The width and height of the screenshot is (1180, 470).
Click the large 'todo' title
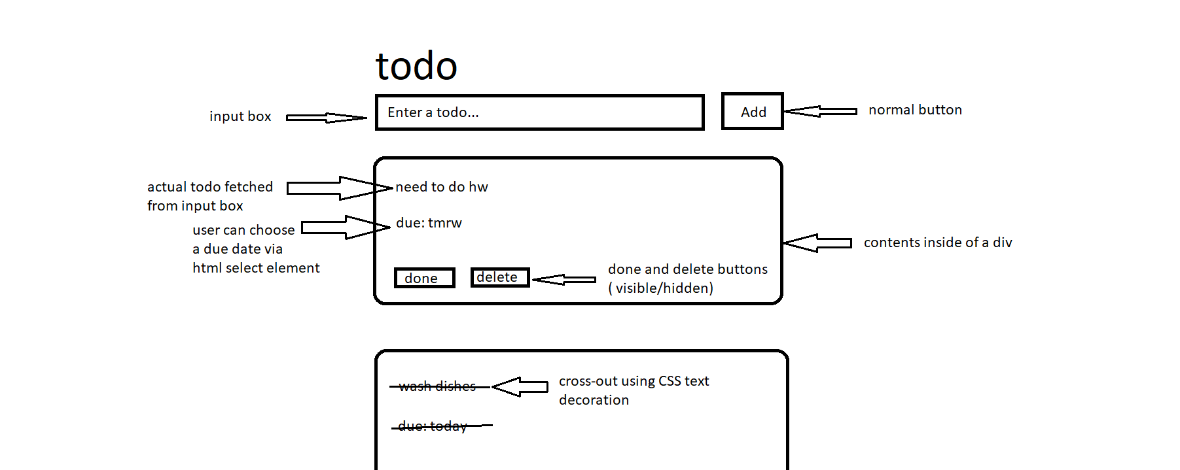[x=416, y=67]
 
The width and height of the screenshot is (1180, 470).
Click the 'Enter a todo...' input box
[x=539, y=112]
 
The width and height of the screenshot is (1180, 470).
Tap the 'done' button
[x=424, y=278]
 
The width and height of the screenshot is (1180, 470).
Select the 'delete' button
[x=499, y=277]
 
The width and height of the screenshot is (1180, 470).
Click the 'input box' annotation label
[x=240, y=116]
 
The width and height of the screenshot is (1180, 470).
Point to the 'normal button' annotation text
[x=915, y=110]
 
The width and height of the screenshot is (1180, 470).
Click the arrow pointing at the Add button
[x=820, y=111]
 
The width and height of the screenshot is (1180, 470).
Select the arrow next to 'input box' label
[x=325, y=118]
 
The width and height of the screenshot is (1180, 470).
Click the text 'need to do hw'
[x=442, y=187]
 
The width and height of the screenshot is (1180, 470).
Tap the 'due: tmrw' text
[x=429, y=223]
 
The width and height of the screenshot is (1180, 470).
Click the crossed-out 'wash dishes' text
[x=437, y=386]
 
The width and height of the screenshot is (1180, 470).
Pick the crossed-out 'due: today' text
[x=433, y=426]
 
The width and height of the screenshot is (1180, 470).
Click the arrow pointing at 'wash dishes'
[x=520, y=386]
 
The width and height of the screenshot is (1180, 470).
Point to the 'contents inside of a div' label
[x=937, y=243]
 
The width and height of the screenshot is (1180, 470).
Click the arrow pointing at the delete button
[x=563, y=280]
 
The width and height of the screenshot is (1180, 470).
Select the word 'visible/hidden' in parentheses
[x=663, y=288]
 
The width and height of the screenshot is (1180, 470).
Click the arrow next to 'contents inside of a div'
[x=817, y=243]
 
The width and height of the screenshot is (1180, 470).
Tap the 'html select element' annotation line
[x=256, y=268]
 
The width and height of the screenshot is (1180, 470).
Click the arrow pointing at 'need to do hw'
[x=339, y=188]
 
